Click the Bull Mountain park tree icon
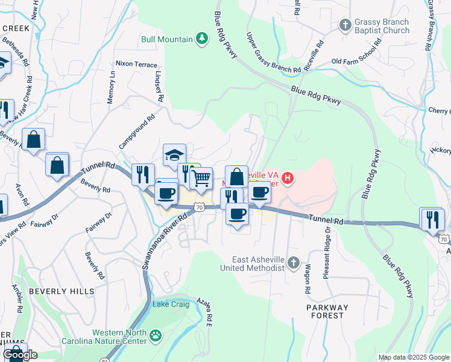[202, 40]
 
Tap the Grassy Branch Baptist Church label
[382, 26]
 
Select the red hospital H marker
[288, 178]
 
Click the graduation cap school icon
[174, 154]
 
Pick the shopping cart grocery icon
[201, 178]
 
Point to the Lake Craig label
[171, 304]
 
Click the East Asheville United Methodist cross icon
[293, 263]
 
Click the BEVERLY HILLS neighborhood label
[62, 291]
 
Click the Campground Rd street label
[137, 132]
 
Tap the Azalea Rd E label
[209, 313]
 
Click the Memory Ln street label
[112, 87]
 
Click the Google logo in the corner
[20, 355]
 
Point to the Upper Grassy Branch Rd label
[273, 53]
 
